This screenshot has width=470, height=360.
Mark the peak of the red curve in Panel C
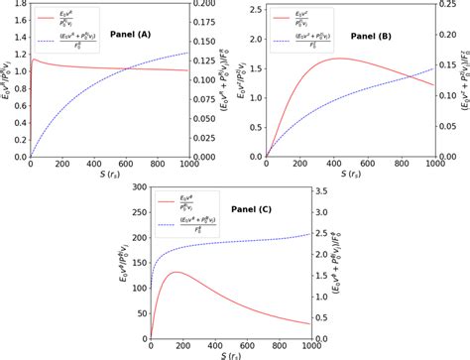click(176, 272)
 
